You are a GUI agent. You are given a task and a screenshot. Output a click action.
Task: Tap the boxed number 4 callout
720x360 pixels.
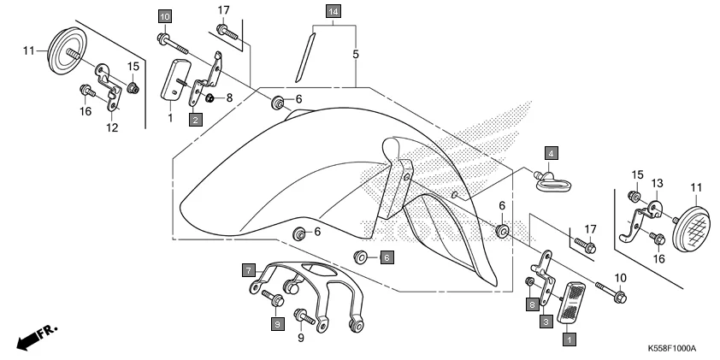pyautogui.click(x=552, y=153)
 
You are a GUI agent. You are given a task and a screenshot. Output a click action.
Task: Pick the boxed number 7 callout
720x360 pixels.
pyautogui.click(x=249, y=271)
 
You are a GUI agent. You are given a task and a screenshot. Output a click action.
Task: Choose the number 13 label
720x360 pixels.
pyautogui.click(x=657, y=182)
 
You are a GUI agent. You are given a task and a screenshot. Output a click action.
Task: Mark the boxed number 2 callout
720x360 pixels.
pyautogui.click(x=196, y=120)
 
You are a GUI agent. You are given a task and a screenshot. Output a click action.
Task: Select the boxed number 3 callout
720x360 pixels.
pyautogui.click(x=544, y=322)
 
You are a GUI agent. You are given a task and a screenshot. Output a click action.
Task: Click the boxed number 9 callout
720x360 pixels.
pyautogui.click(x=276, y=324)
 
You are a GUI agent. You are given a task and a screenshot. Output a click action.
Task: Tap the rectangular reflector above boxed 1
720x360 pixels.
pyautogui.click(x=571, y=304)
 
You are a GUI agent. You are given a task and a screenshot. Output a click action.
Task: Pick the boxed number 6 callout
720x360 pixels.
pyautogui.click(x=386, y=257)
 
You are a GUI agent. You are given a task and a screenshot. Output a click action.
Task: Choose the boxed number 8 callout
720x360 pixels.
pyautogui.click(x=531, y=304)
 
